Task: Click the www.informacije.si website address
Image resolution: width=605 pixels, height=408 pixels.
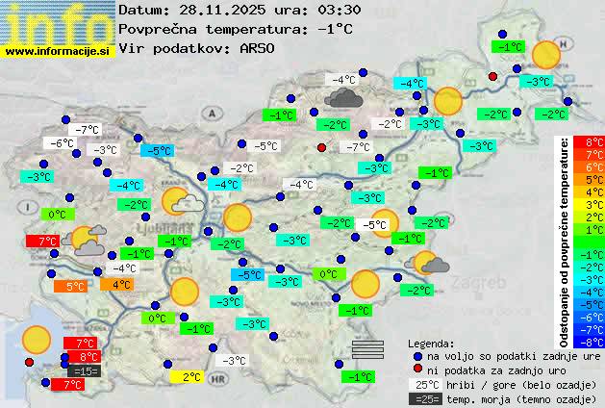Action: click(58, 50)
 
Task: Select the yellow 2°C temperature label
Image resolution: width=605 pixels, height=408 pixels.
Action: click(191, 377)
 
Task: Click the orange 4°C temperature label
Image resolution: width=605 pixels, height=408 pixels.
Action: click(121, 284)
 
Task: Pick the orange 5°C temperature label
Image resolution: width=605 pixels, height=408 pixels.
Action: click(74, 286)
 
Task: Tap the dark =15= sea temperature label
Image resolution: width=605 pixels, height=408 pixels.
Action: click(84, 370)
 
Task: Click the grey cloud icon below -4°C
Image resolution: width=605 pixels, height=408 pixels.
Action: click(342, 96)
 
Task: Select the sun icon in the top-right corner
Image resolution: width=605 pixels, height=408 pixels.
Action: click(546, 55)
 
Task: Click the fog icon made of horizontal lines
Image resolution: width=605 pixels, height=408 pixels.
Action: click(367, 348)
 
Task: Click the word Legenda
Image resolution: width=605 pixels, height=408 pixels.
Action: click(432, 343)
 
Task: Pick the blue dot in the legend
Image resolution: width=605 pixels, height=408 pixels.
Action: click(417, 355)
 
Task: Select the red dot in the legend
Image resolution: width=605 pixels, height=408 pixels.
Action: click(417, 370)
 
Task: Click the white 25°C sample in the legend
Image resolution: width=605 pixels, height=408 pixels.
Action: click(424, 384)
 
